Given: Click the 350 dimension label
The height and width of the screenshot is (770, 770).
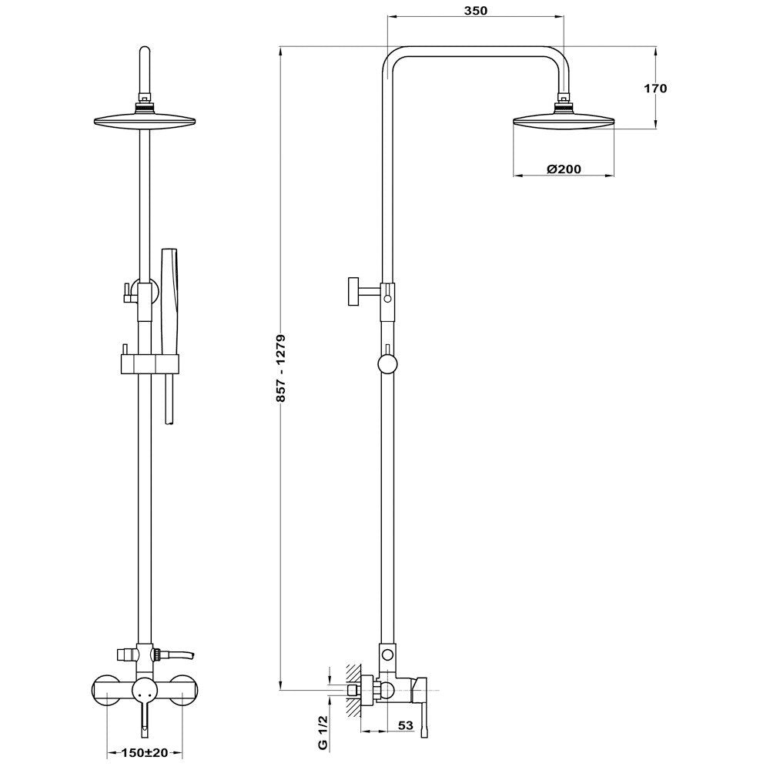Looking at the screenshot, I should click(x=475, y=12).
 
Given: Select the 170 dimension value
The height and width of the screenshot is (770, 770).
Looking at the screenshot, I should click(x=655, y=88).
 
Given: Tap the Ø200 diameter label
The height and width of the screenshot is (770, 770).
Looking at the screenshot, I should click(x=564, y=169).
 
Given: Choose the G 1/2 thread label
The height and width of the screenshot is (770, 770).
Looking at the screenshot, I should click(x=323, y=732).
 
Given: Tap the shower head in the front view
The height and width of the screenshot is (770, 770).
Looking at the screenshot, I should click(x=144, y=120).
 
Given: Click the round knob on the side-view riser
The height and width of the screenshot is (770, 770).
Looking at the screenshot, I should click(x=387, y=362).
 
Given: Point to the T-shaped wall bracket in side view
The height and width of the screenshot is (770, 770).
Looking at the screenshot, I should click(x=357, y=291).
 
